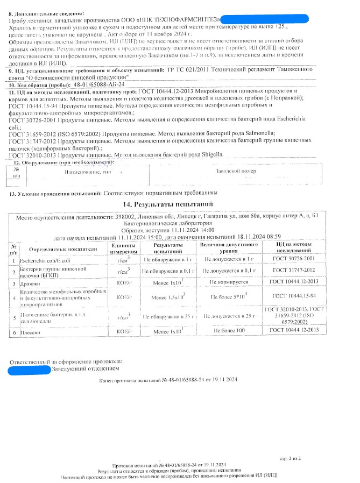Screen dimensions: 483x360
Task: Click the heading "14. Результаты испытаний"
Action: tap(168, 204)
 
